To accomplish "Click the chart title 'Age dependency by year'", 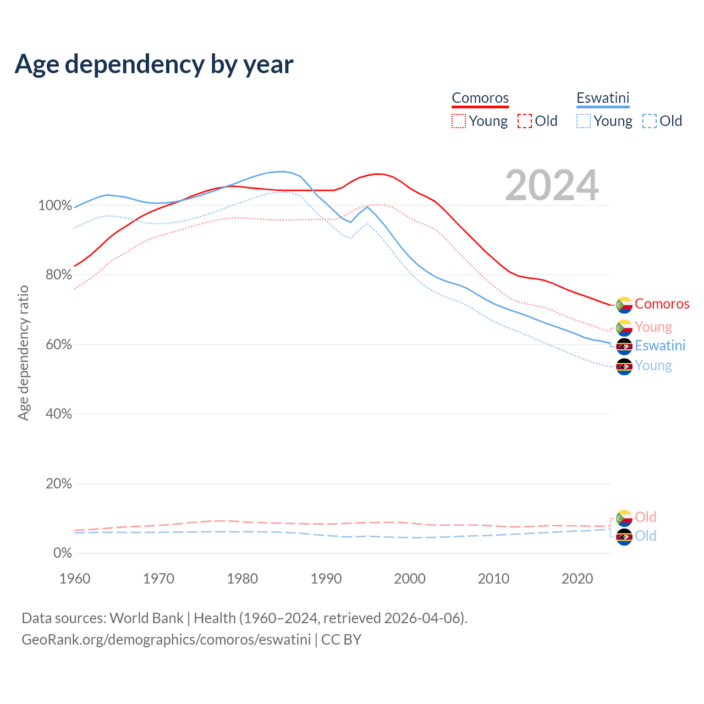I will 154,64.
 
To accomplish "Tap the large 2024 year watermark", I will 552,186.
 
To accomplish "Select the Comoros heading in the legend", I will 480,98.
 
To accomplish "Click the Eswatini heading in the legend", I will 603,98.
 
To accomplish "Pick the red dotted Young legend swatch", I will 458,121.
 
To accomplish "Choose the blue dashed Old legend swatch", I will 649,121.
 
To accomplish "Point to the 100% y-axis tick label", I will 55,206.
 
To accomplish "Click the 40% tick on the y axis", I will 58,414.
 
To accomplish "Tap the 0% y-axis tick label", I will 62,553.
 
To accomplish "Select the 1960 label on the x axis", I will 75,579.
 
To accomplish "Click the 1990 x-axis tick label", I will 326,579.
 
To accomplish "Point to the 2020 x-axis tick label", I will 577,579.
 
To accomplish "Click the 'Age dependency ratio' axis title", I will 23,353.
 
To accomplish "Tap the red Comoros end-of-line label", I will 662,304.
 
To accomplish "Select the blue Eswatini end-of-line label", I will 660,346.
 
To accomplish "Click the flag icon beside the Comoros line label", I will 624,305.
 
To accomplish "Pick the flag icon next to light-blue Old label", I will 624,537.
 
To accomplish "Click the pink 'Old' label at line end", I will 645,518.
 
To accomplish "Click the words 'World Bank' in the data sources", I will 146,618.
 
